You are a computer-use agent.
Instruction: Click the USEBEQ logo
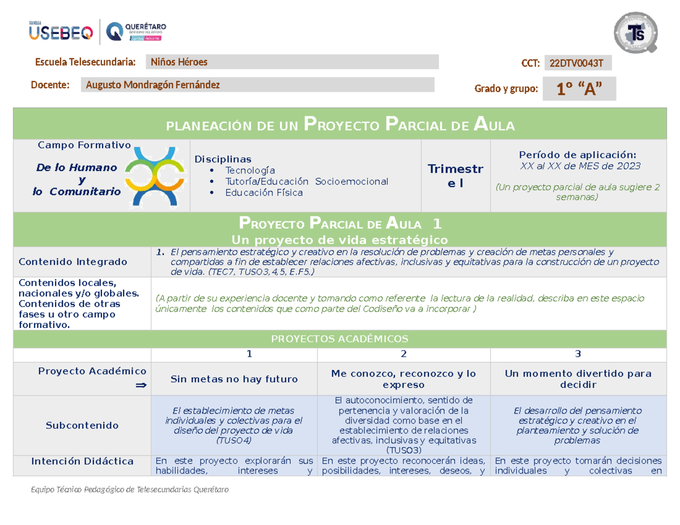[x=61, y=32]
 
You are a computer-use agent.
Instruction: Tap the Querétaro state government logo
[x=135, y=31]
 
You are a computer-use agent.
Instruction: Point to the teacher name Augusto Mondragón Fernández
[x=152, y=85]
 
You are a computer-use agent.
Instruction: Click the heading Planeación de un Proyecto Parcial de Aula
[x=340, y=125]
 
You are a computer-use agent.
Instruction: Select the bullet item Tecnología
[x=250, y=170]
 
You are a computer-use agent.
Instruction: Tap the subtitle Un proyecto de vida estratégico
[x=340, y=238]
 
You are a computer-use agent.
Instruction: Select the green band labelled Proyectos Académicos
[x=340, y=339]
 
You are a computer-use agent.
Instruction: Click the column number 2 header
[x=403, y=354]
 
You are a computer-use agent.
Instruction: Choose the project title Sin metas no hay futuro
[x=235, y=379]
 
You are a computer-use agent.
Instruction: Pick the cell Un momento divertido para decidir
[x=578, y=379]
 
